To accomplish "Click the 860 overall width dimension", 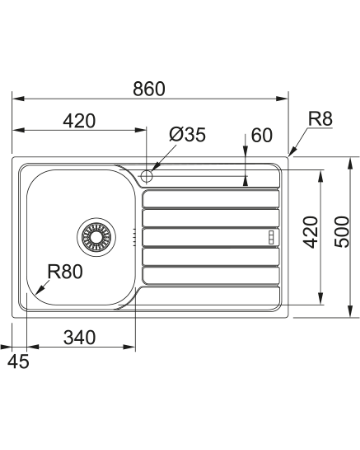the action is pos(149,89).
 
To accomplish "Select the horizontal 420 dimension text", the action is pos(79,121).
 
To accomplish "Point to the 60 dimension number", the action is pos(262,135).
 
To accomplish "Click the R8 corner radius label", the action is pos(320,119).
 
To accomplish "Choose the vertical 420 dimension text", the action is pos(310,232).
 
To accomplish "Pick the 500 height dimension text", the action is pos(342,232).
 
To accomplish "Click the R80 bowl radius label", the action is pos(65,271).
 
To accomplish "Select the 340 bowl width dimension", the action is pos(79,337).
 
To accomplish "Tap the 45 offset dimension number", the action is pos(18,362).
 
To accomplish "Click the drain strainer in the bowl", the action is pos(96,237).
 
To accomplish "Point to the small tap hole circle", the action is pos(147,176).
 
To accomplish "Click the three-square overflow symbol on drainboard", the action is pos(271,237).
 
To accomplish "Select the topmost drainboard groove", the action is pos(211,199).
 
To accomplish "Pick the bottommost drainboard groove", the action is pos(211,276).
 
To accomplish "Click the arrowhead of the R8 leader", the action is pos(292,152).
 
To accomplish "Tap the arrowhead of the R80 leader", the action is pos(40,290).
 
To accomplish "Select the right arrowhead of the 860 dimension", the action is pos(282,99).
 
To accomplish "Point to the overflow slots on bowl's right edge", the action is pos(134,237).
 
